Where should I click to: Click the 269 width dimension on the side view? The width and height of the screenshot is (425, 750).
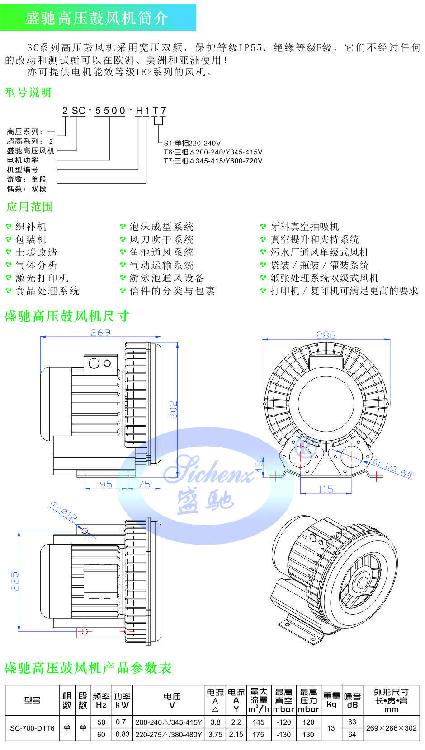coord(100,333)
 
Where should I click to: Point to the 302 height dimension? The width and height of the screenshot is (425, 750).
coord(174,410)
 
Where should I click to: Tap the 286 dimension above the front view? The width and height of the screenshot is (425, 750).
coord(326,335)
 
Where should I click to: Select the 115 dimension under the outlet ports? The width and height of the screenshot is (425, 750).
coord(326,489)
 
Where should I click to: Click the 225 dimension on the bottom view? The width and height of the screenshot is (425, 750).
coord(14,581)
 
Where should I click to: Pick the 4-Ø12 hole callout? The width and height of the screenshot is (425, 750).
coord(63,512)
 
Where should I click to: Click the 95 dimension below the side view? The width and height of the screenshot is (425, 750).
coord(106,484)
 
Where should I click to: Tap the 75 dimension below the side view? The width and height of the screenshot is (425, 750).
coord(144,484)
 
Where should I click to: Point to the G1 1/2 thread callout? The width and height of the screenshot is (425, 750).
coord(393,468)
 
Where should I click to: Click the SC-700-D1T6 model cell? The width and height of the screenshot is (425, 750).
coord(32,728)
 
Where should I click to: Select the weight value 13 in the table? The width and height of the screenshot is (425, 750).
coord(331,728)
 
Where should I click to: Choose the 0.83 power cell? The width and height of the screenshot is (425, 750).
coord(123,734)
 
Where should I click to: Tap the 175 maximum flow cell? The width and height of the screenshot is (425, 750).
coord(259,734)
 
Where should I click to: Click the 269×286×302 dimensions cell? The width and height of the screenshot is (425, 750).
coord(392,728)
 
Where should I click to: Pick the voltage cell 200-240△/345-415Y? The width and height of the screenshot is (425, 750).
coord(169,722)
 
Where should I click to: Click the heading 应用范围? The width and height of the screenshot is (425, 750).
coord(30,207)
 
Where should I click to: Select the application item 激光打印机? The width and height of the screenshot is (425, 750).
coord(42,278)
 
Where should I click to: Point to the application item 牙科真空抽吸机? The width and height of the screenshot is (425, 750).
coord(305,227)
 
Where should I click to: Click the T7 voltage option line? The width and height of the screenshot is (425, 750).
coord(213,161)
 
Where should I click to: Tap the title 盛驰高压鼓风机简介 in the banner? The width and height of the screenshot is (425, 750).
coord(97,18)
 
